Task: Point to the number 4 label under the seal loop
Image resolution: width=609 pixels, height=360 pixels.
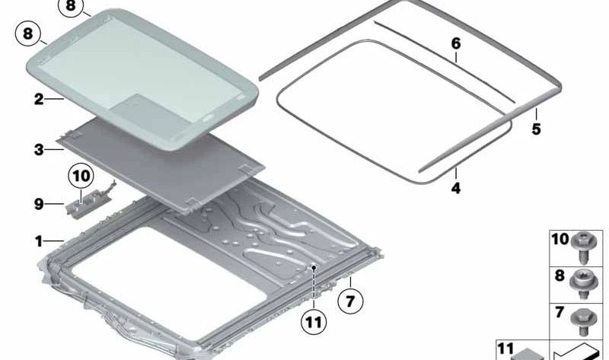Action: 456,186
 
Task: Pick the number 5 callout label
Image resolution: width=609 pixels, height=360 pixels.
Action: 536,129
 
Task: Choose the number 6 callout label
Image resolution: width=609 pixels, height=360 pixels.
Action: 456,44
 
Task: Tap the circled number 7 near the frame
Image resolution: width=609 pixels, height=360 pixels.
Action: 350,301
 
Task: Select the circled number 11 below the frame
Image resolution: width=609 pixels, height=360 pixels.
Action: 313,322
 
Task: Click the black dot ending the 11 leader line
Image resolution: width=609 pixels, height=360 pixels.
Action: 313,268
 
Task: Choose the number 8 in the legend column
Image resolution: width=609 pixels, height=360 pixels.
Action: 560,276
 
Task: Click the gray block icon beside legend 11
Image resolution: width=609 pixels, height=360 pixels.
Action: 525,353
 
